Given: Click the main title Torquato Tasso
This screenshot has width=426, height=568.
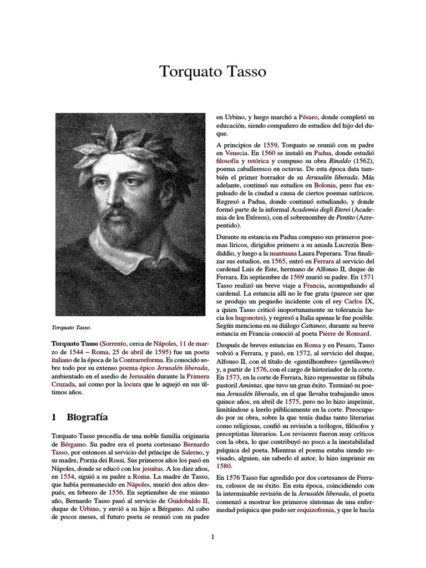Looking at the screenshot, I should click(213, 72).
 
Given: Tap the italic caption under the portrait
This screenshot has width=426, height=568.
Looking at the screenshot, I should click(72, 327).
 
